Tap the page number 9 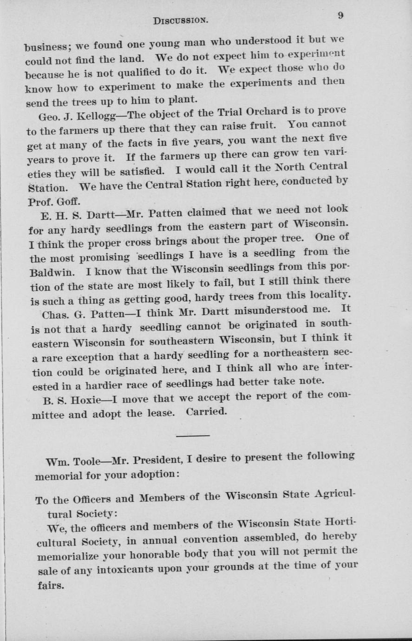coord(340,15)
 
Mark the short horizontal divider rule coord(193,436)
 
